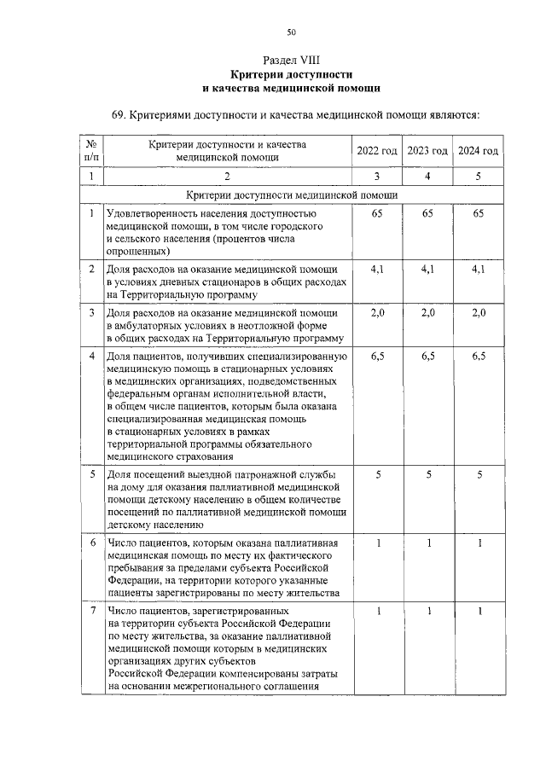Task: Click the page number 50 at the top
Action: click(x=291, y=32)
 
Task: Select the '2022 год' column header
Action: click(x=377, y=151)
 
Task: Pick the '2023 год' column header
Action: click(x=427, y=151)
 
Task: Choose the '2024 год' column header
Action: click(x=479, y=151)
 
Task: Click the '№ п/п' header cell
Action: click(x=91, y=151)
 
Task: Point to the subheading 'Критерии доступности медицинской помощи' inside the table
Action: click(x=291, y=194)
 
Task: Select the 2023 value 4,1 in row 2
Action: click(x=427, y=270)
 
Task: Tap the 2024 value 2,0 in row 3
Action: click(x=479, y=313)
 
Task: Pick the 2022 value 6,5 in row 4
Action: click(x=377, y=357)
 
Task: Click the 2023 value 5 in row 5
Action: click(x=427, y=474)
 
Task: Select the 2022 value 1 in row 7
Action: click(x=377, y=611)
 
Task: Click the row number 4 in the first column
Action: click(x=91, y=357)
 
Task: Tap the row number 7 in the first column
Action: click(x=91, y=611)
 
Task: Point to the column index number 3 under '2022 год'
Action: click(x=377, y=176)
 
